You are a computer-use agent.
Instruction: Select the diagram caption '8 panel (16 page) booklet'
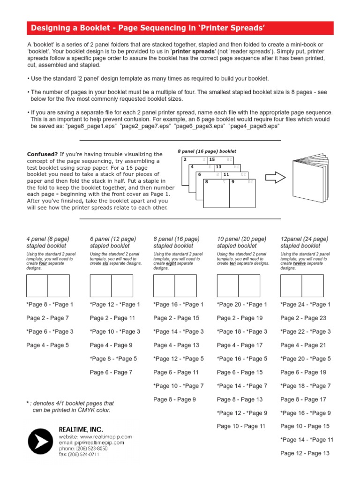coord(207,151)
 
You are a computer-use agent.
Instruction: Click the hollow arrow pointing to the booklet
coord(275,178)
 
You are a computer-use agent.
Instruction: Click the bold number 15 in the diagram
coord(212,160)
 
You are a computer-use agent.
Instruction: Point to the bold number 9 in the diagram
coord(232,181)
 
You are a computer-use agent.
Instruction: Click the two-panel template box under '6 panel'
coord(111,286)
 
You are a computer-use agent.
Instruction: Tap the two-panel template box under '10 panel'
coord(238,286)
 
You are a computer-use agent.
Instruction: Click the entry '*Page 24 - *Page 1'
coord(305,305)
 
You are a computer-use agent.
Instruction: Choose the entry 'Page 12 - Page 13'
coord(305,453)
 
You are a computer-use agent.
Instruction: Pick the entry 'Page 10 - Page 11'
coord(241,426)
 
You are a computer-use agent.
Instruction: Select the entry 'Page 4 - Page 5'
coord(47,345)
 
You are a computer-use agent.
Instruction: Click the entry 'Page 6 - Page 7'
coord(111,372)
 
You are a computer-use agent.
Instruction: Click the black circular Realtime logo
coord(41,442)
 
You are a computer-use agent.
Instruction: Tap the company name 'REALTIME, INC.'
coord(81,429)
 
